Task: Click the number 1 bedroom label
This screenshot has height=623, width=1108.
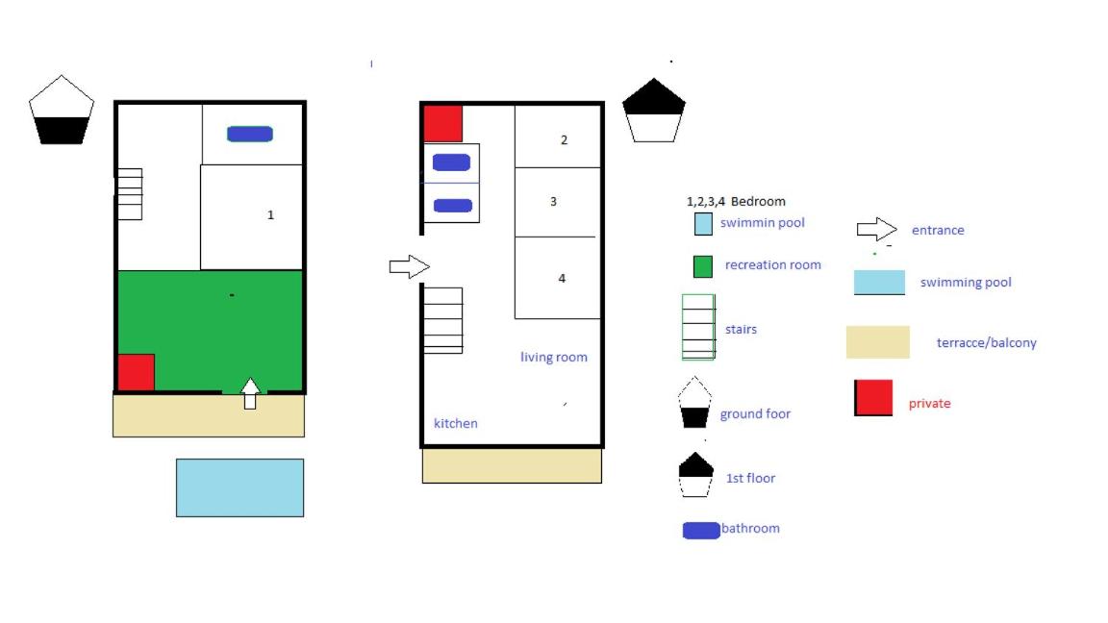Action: (270, 214)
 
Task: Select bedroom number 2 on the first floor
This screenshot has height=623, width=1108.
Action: (564, 139)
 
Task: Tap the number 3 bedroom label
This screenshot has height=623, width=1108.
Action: (553, 202)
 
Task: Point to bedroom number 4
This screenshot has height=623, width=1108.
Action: (562, 278)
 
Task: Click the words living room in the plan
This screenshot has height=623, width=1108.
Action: (554, 358)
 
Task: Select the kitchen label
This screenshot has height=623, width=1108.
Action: (456, 423)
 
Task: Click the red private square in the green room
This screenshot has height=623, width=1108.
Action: (137, 372)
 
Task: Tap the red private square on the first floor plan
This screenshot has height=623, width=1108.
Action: (443, 124)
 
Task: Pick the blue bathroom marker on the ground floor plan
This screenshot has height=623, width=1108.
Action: (250, 134)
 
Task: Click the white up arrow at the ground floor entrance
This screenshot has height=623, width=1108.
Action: (250, 393)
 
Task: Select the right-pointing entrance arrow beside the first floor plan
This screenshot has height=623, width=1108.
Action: (410, 266)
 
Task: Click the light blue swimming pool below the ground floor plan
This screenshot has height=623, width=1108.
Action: (240, 488)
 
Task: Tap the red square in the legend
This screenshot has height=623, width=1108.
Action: (873, 398)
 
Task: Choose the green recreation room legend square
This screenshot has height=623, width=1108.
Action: (703, 266)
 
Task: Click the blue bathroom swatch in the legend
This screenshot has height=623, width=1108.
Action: (701, 531)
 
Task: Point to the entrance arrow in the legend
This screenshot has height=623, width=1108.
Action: (877, 230)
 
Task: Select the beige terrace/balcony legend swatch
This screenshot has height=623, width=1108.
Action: (877, 342)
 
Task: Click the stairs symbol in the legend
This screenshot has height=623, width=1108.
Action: (698, 327)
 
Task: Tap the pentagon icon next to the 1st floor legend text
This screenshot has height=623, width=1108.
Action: (696, 475)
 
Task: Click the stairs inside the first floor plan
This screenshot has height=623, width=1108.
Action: (443, 321)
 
